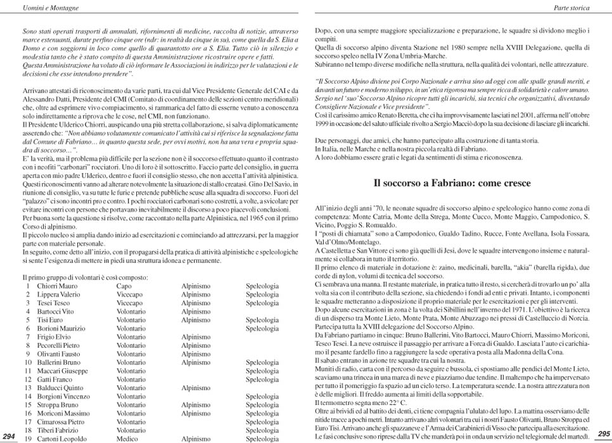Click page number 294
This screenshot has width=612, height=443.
pos(9,436)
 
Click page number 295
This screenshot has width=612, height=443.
pos(603,433)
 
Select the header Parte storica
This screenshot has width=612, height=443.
pos(571,8)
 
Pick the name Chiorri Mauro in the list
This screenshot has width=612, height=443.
pos(57,286)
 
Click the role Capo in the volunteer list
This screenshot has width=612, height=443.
pos(124,286)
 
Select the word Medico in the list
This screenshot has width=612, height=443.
pos(127,439)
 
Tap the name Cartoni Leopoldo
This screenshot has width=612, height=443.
pos(62,439)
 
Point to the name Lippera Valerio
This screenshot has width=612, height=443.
pos(58,295)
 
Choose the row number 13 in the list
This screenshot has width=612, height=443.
pos(27,388)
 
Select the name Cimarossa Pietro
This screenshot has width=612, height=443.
pos(61,421)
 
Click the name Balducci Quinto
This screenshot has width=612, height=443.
pos(60,388)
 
